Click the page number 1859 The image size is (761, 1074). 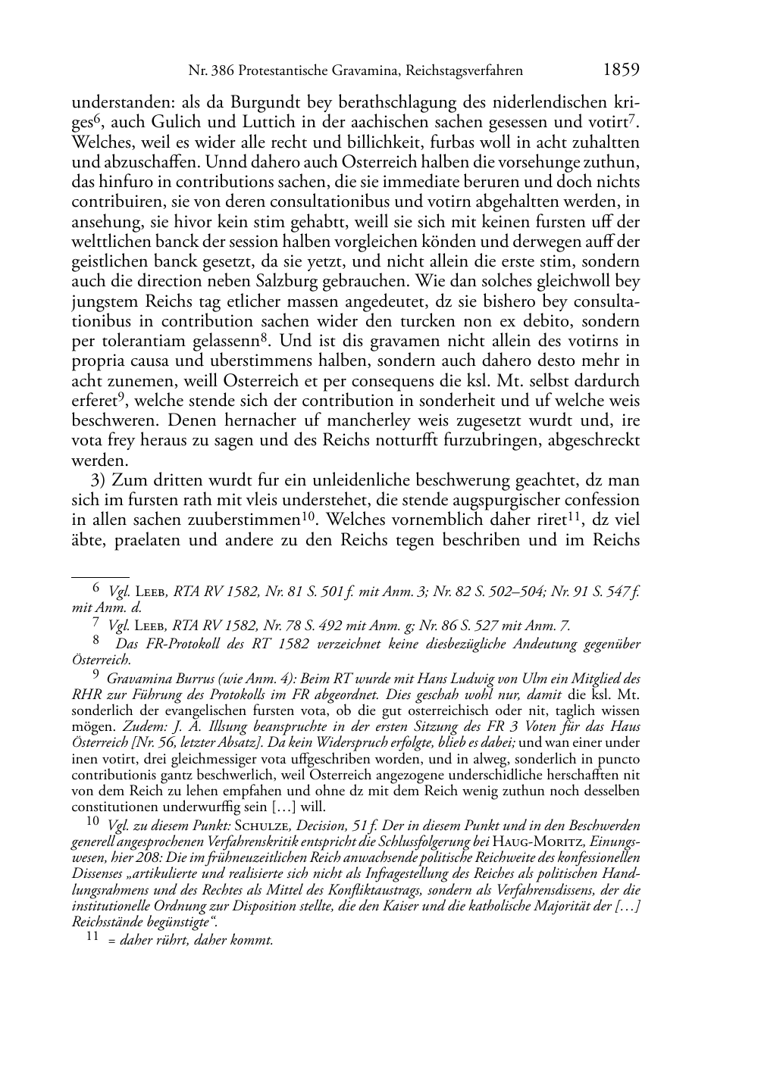tap(622, 70)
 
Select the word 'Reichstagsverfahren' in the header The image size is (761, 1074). tap(464, 71)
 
